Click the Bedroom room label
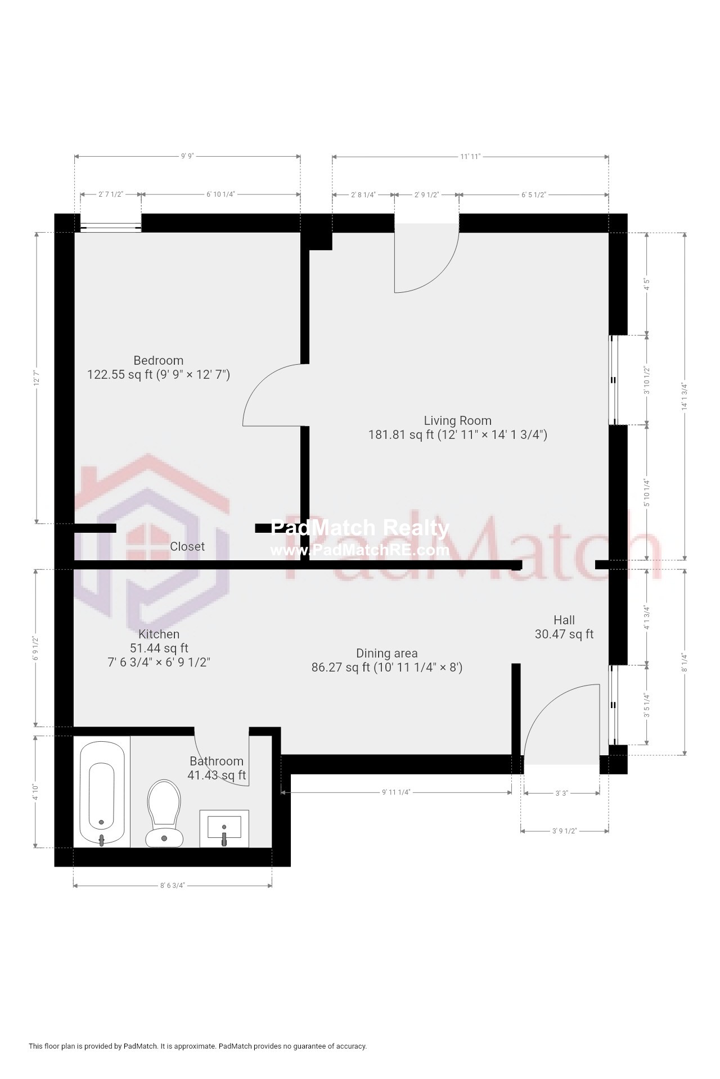pyautogui.click(x=158, y=361)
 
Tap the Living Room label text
pyautogui.click(x=457, y=421)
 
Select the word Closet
pyautogui.click(x=187, y=547)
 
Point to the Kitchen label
pyautogui.click(x=159, y=634)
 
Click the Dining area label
pyautogui.click(x=386, y=654)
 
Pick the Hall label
pyautogui.click(x=564, y=620)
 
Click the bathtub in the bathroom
pyautogui.click(x=102, y=792)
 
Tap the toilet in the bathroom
pyautogui.click(x=164, y=813)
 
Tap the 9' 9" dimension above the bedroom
pyautogui.click(x=187, y=156)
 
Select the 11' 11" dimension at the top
pyautogui.click(x=470, y=157)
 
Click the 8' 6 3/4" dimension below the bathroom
pyautogui.click(x=172, y=886)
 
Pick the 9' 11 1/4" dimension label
pyautogui.click(x=396, y=792)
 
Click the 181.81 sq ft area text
pyautogui.click(x=401, y=435)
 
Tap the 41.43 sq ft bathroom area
pyautogui.click(x=217, y=776)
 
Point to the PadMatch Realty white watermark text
pyautogui.click(x=360, y=528)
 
